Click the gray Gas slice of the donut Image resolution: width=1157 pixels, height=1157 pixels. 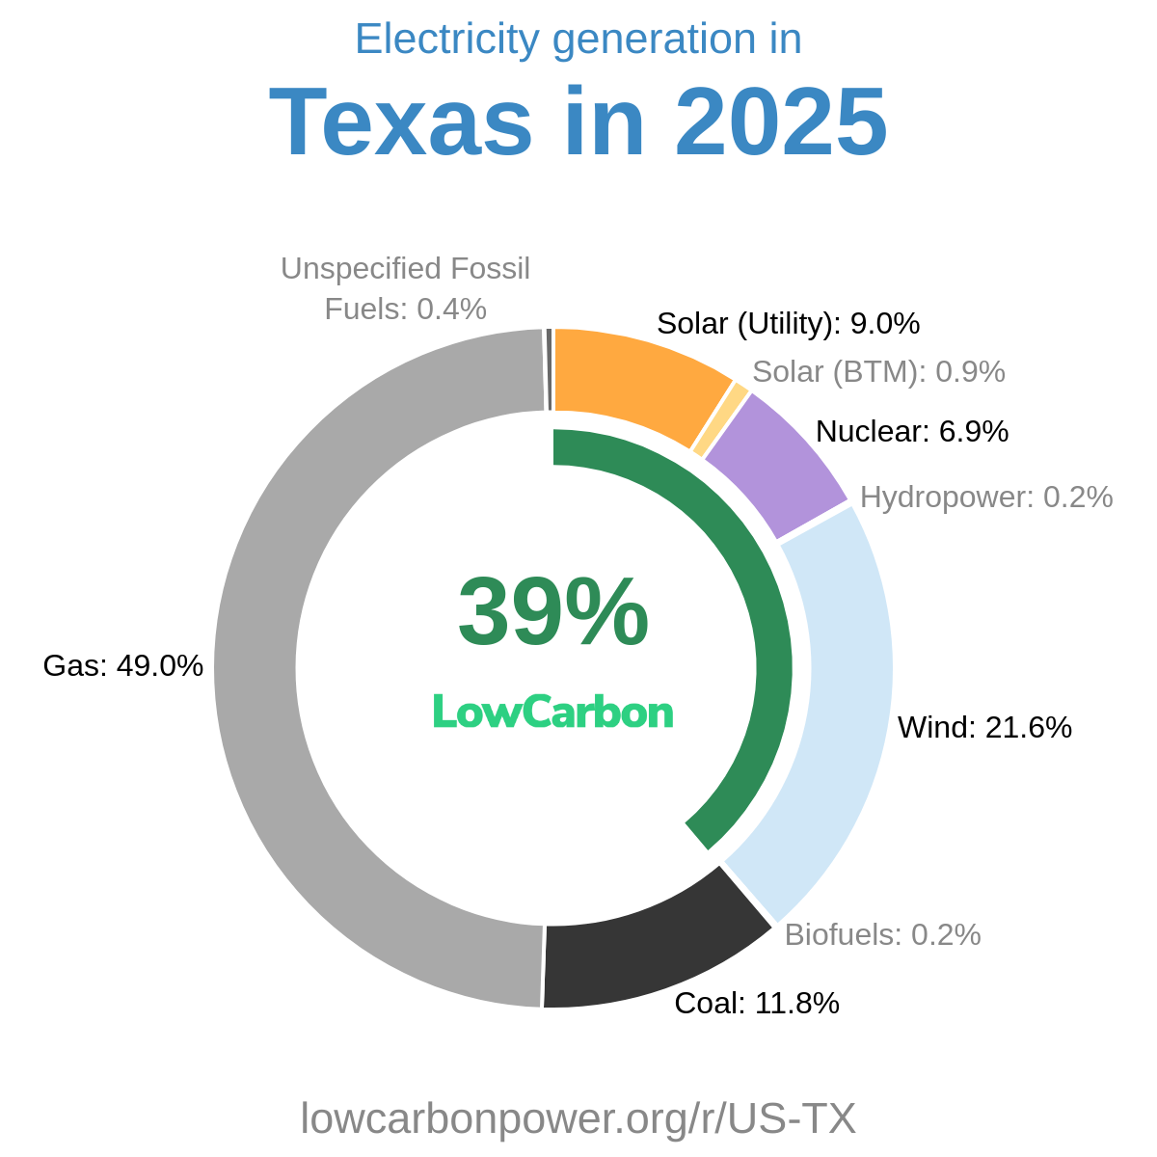[x=256, y=665]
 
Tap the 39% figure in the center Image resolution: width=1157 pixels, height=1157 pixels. [x=552, y=612]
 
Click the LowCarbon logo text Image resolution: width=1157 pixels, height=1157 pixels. [x=552, y=713]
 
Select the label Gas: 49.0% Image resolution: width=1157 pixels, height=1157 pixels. [x=123, y=665]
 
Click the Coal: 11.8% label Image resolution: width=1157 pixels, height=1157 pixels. [x=757, y=1004]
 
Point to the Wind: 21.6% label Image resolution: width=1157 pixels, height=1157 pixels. [x=984, y=727]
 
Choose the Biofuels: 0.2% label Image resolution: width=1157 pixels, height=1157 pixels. [x=882, y=934]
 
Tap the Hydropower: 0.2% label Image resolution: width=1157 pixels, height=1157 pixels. [x=986, y=497]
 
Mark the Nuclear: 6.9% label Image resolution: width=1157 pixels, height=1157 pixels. [x=912, y=431]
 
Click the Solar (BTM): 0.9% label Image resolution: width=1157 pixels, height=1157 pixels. [x=878, y=371]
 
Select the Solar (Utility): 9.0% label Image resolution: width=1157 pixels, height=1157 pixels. [x=788, y=323]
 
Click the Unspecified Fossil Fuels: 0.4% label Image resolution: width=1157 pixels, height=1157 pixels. [x=405, y=288]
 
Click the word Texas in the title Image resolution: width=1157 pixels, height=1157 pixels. [x=400, y=123]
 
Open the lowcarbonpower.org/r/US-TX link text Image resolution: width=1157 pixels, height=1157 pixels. [x=578, y=1118]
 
